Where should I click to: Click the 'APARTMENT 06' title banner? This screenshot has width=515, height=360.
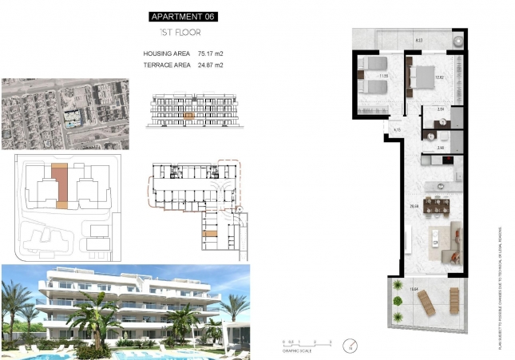(183, 16)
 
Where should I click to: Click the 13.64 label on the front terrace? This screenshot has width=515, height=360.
(414, 291)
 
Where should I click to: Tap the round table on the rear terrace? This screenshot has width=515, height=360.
(458, 40)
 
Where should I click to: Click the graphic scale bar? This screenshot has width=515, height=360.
(300, 342)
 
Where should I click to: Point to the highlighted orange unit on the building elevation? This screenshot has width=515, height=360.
(188, 116)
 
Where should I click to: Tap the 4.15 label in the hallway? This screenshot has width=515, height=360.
(397, 129)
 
